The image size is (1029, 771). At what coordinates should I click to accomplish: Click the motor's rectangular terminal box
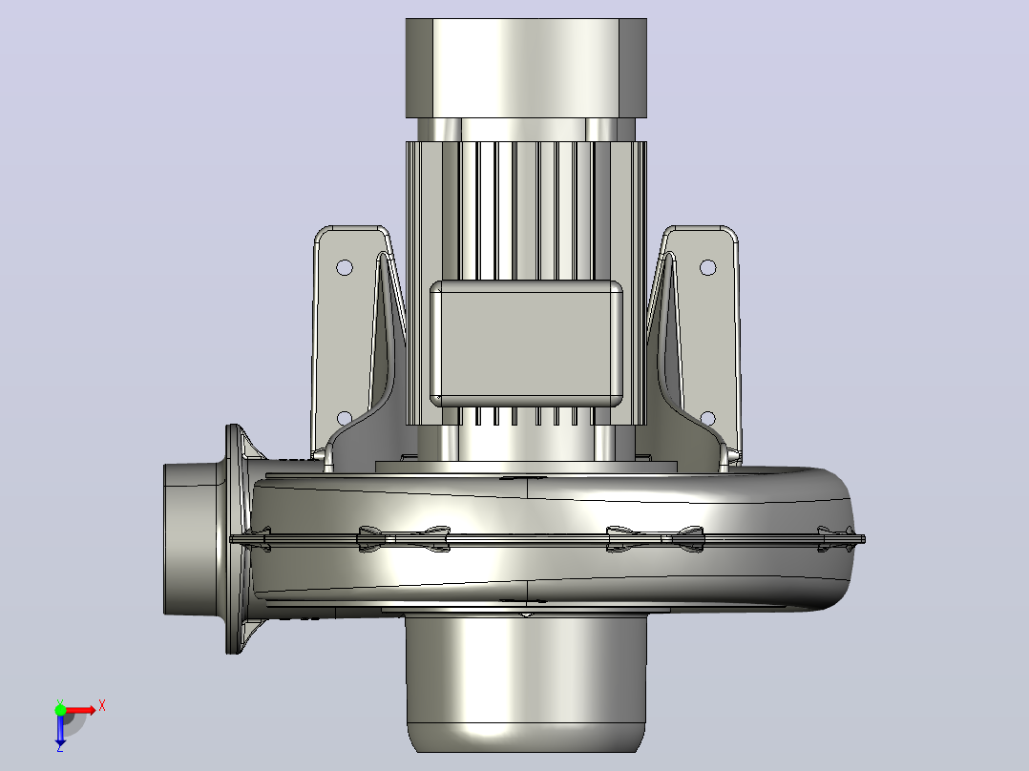pyautogui.click(x=526, y=344)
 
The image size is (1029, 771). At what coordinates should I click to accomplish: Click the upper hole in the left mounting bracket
pyautogui.click(x=344, y=267)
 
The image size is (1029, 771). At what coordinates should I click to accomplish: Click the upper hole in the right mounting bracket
pyautogui.click(x=707, y=267)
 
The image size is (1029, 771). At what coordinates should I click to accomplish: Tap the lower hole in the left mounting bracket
pyautogui.click(x=344, y=418)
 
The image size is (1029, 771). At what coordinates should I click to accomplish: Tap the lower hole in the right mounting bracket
pyautogui.click(x=707, y=418)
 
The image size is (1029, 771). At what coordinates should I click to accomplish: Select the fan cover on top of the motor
pyautogui.click(x=526, y=69)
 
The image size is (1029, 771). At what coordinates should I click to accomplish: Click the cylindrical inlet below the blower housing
pyautogui.click(x=526, y=682)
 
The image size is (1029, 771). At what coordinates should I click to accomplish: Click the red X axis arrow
pyautogui.click(x=80, y=710)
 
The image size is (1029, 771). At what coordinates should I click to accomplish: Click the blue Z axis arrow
pyautogui.click(x=60, y=728)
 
